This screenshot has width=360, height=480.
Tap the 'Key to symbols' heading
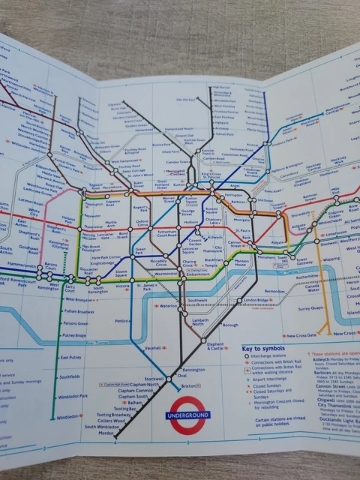pyautogui.click(x=264, y=349)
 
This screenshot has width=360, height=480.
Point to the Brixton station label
pyautogui.click(x=190, y=385)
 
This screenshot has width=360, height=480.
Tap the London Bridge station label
pyautogui.click(x=254, y=300)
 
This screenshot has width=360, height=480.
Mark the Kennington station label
pyautogui.click(x=193, y=370)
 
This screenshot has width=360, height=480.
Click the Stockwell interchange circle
pyautogui.click(x=166, y=377)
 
